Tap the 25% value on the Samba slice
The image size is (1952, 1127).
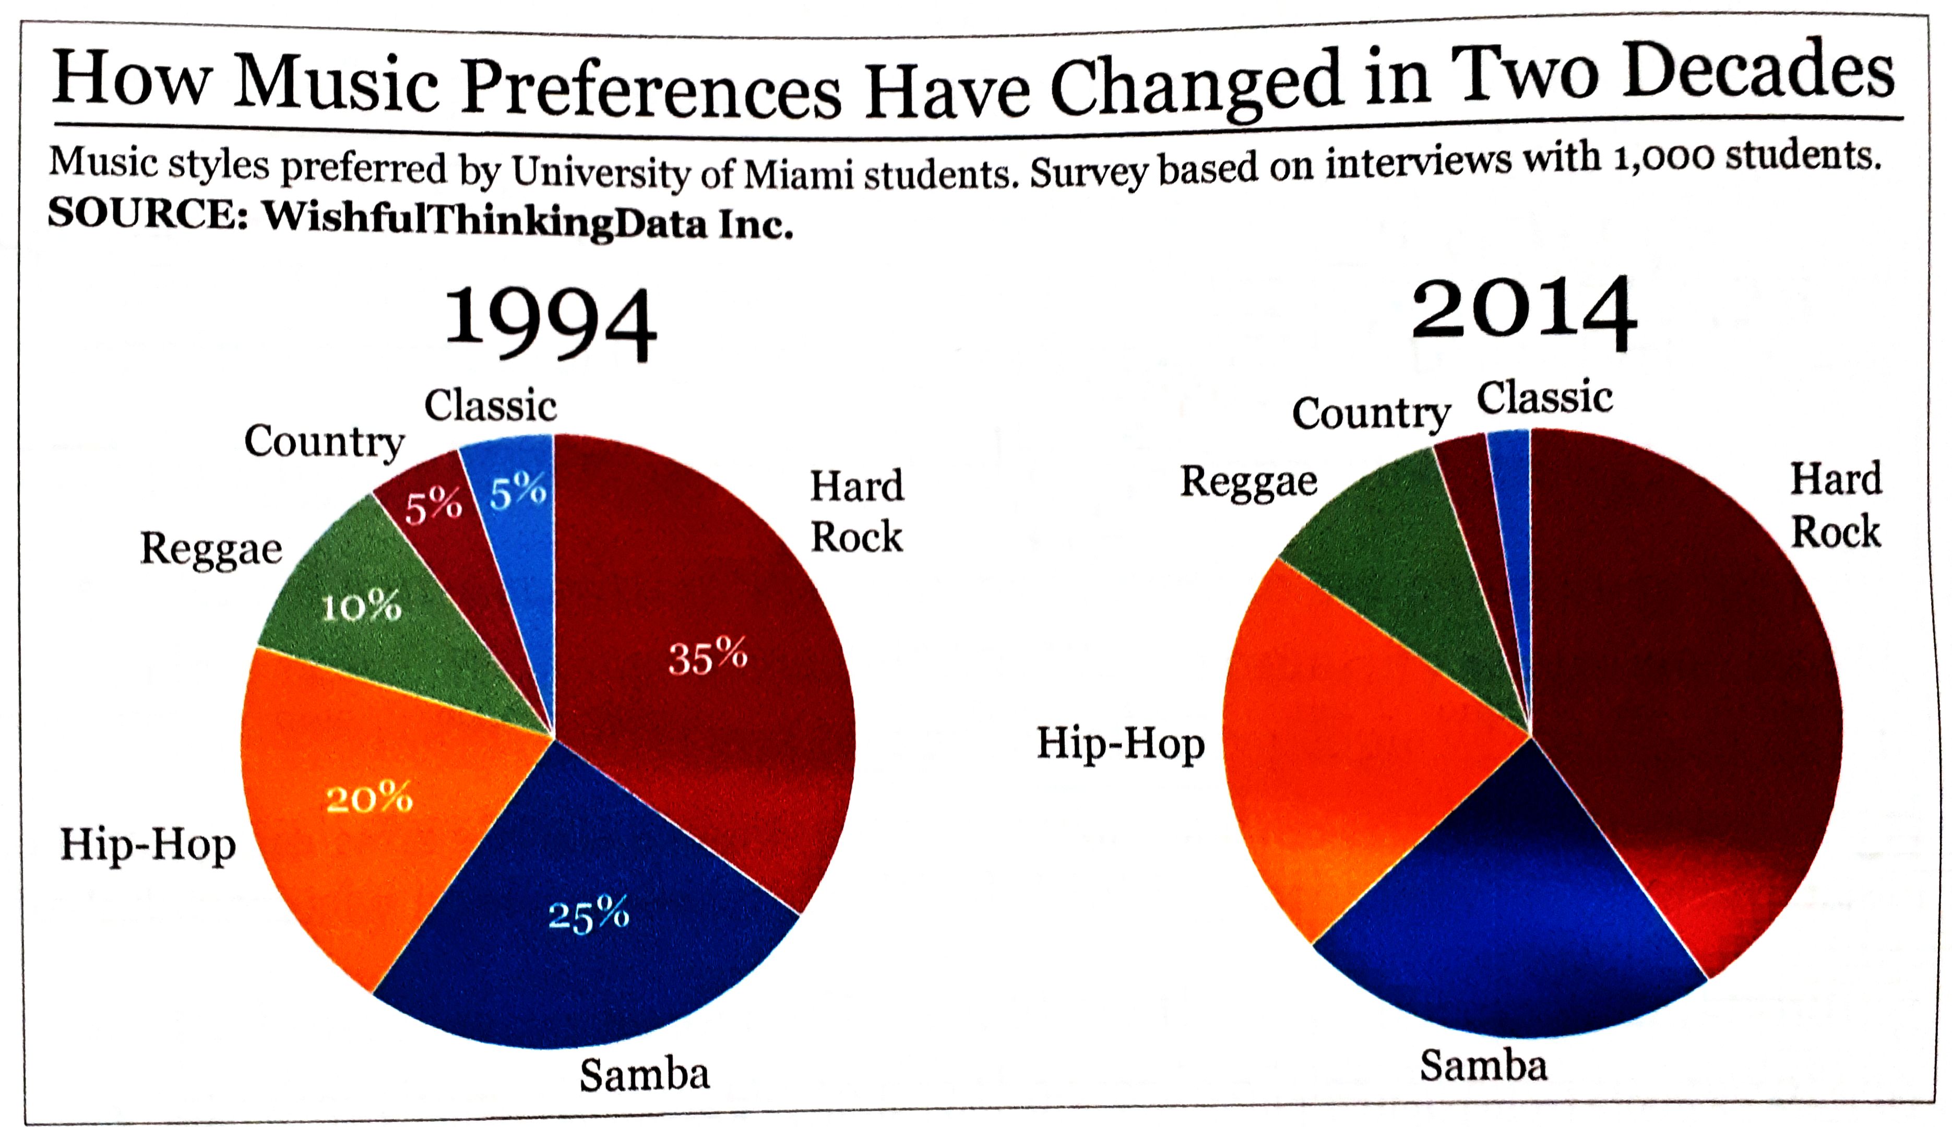pyautogui.click(x=588, y=915)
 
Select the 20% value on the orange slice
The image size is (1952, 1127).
pyautogui.click(x=369, y=798)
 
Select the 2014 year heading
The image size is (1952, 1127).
pyautogui.click(x=1522, y=314)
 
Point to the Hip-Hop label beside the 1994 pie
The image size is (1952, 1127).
pyautogui.click(x=148, y=845)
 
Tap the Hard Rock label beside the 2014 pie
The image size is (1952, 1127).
pyautogui.click(x=1835, y=505)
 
